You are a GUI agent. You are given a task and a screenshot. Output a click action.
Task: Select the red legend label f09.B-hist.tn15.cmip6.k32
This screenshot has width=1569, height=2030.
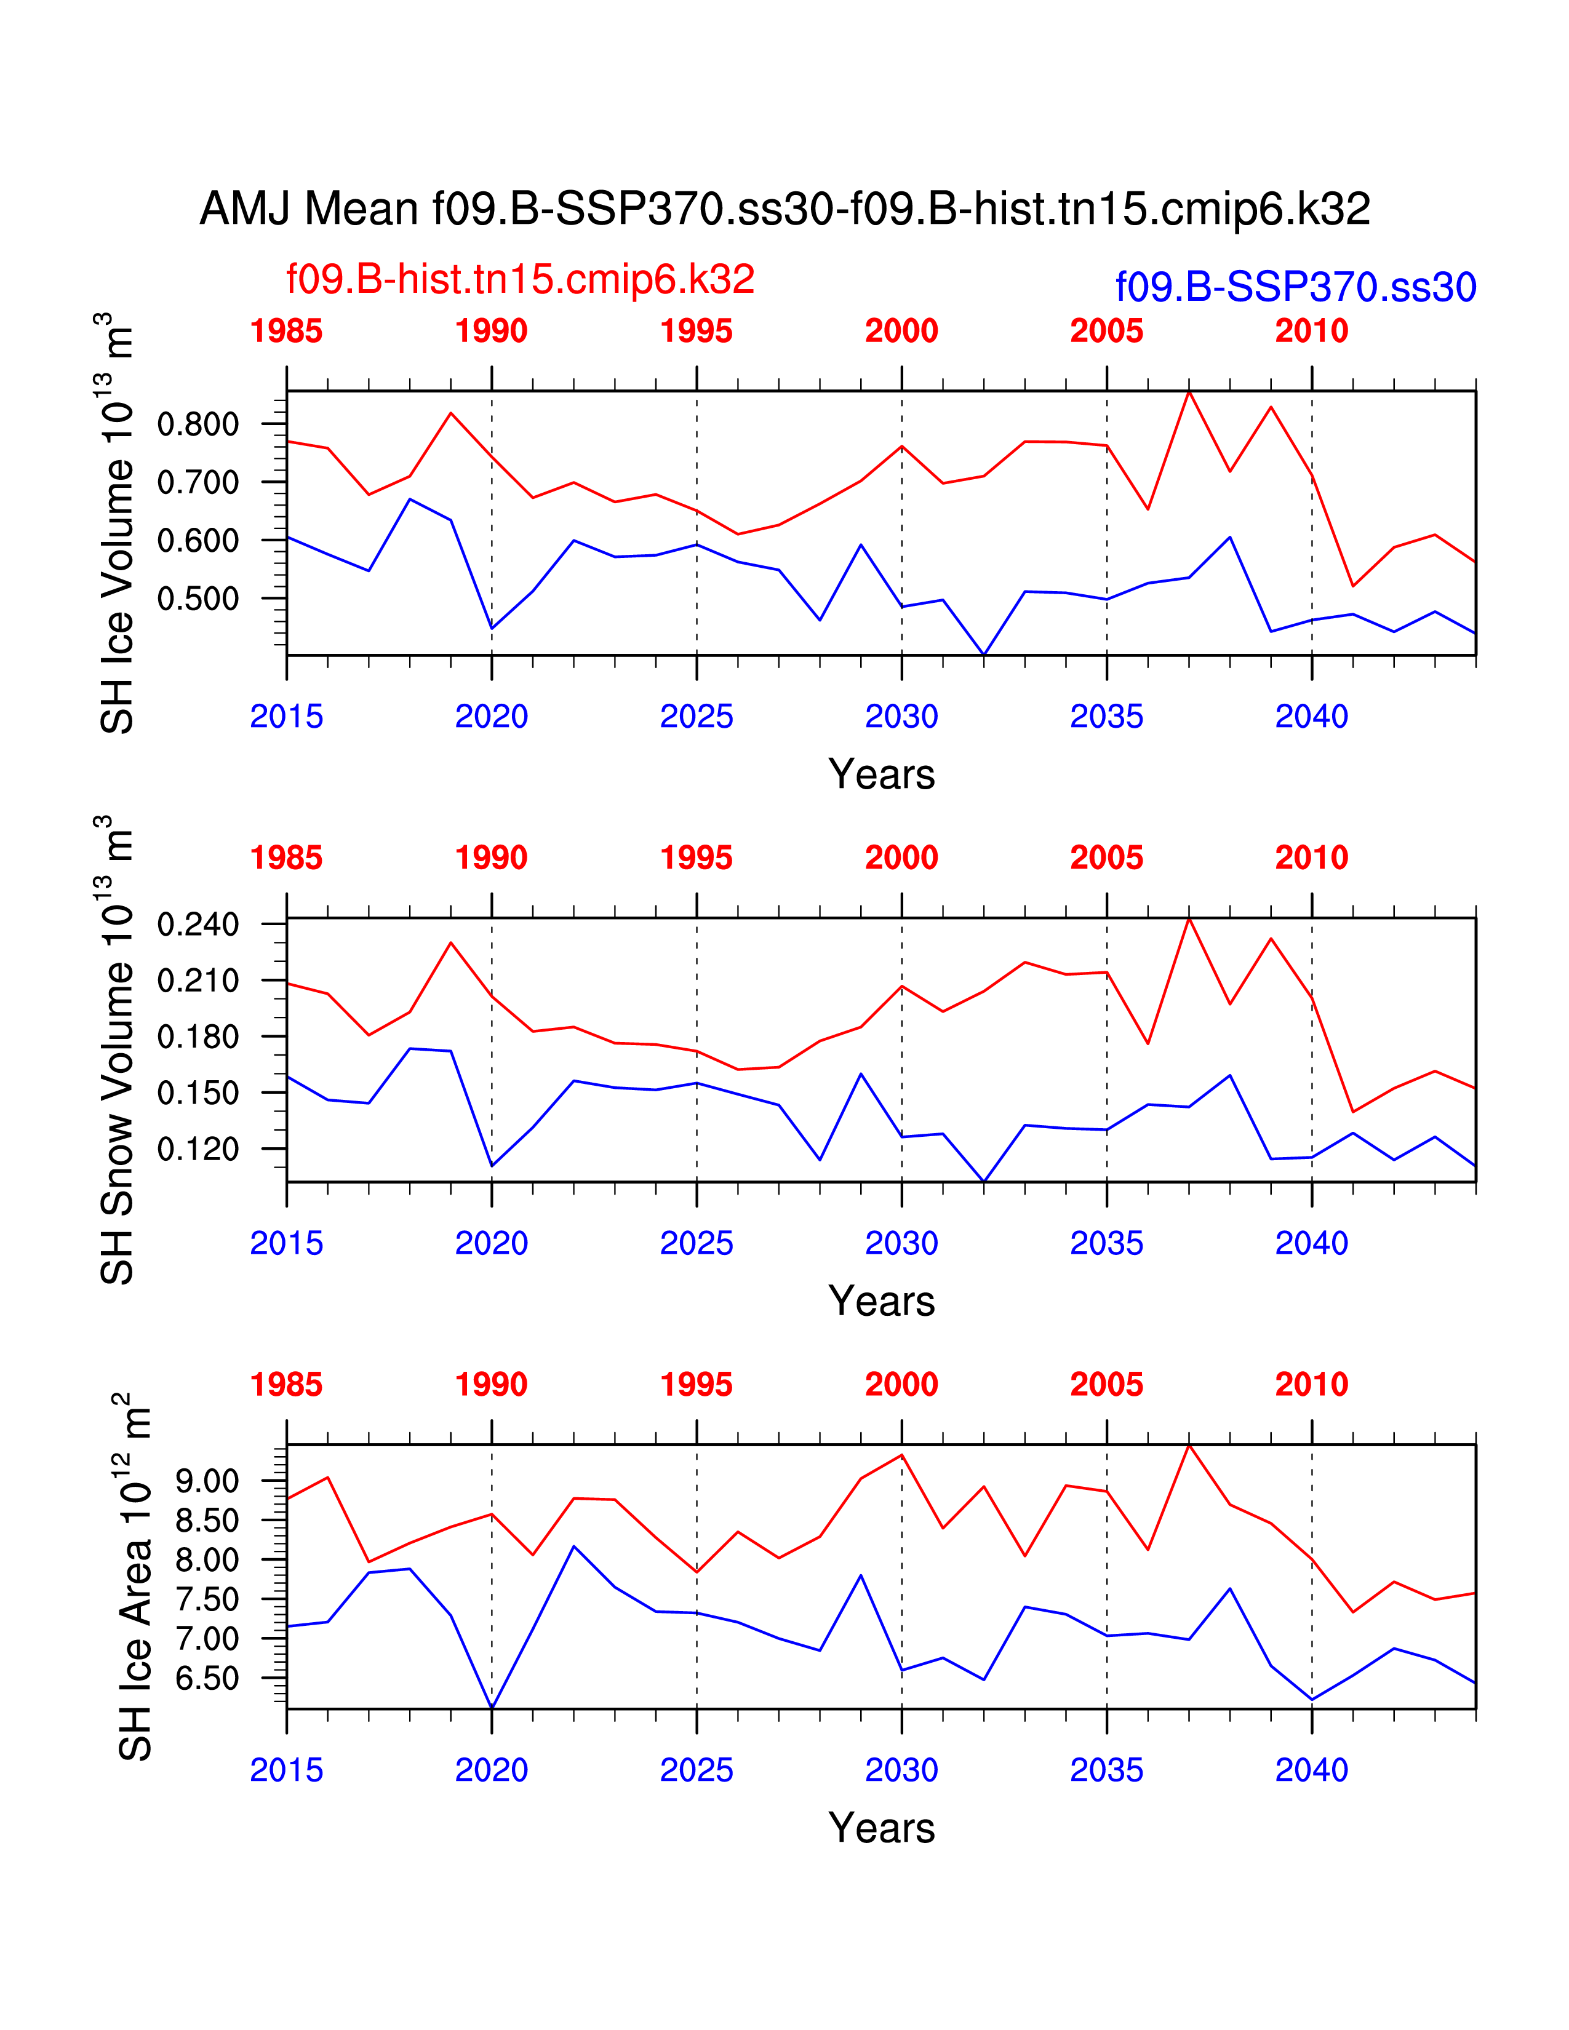coord(521,279)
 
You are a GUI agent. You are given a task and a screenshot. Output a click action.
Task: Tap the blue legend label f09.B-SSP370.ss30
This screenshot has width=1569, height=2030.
coord(1296,287)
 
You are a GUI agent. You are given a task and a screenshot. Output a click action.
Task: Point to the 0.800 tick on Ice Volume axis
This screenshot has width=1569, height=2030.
coord(198,425)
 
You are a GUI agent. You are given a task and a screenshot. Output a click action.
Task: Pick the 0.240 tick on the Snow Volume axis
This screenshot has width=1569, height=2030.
coord(198,925)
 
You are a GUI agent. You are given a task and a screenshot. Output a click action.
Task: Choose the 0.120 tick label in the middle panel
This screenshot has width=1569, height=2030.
coord(198,1150)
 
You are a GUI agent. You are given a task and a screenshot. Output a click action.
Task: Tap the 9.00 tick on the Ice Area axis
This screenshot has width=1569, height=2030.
coord(206,1482)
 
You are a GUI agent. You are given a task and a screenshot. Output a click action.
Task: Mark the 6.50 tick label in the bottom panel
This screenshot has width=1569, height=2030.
coord(206,1679)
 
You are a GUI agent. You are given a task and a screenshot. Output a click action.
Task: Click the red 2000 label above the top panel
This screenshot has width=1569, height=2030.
coord(901,331)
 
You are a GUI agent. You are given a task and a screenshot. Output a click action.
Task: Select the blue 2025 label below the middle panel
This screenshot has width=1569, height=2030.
coord(696,1244)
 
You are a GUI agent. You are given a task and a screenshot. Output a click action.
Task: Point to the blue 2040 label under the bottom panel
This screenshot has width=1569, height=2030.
coord(1312,1770)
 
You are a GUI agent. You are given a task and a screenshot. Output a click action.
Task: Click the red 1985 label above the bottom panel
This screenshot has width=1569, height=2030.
coord(286,1385)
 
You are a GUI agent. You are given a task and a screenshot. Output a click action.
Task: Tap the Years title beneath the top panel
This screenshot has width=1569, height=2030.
coord(881,774)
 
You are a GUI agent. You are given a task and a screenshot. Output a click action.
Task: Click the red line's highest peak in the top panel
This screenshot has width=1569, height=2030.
coord(1189,392)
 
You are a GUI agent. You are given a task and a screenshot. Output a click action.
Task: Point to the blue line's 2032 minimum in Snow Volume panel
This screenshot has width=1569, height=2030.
coord(983,1181)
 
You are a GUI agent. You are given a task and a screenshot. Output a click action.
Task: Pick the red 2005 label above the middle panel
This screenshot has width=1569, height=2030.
coord(1106,858)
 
